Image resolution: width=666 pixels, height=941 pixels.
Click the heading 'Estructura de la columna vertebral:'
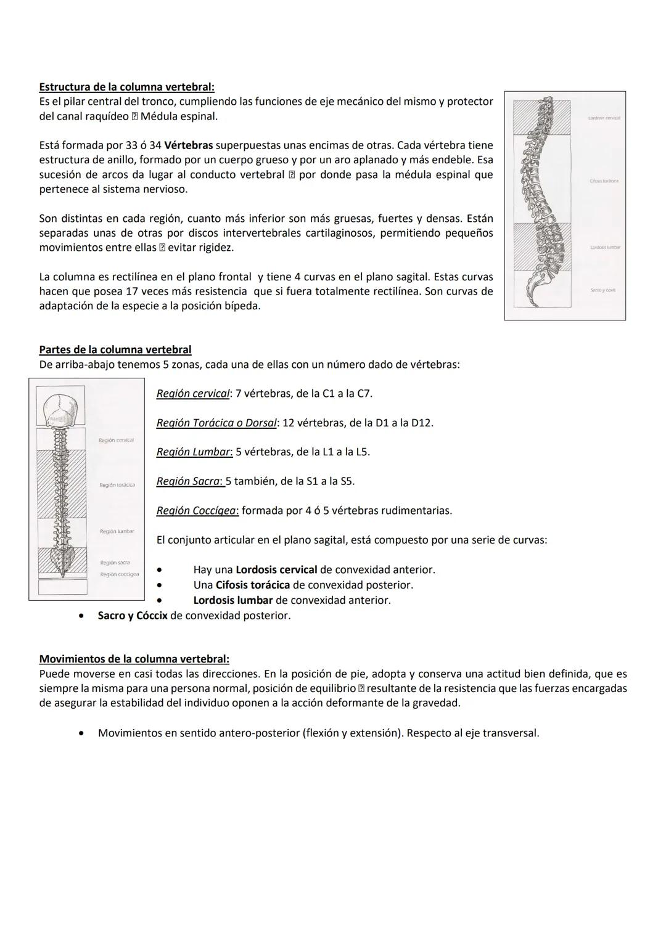[x=126, y=87]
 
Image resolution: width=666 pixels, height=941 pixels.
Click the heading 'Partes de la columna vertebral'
[x=115, y=349]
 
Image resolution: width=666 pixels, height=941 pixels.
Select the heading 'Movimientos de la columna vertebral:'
[x=134, y=659]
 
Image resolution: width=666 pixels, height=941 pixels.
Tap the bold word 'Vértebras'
[x=189, y=145]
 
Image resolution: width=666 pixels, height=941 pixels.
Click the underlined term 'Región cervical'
[x=192, y=393]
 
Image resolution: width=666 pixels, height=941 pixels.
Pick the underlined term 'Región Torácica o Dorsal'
[x=216, y=423]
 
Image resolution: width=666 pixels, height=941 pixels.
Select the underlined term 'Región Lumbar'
[x=194, y=452]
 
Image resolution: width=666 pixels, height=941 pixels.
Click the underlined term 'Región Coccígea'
[x=197, y=511]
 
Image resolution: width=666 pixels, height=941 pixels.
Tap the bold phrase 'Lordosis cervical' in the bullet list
[x=276, y=570]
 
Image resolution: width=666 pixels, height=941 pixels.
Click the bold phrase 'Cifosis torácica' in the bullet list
[x=252, y=585]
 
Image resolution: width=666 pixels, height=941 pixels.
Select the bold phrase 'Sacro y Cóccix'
[x=132, y=616]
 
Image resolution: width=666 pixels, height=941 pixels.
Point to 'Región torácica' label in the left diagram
[x=117, y=486]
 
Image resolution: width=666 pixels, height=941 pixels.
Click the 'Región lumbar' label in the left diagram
[x=117, y=531]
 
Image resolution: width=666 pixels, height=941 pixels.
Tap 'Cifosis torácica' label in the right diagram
[x=604, y=181]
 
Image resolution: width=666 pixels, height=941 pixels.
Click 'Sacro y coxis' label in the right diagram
[x=602, y=290]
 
